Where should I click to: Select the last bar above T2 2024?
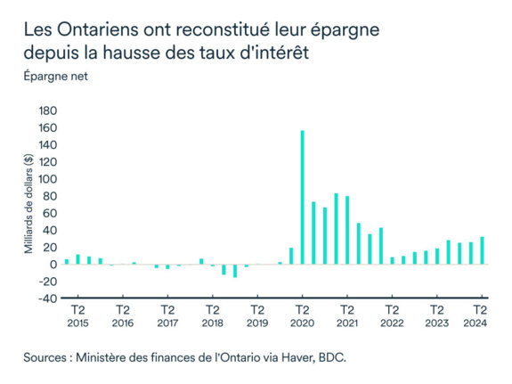click(482, 250)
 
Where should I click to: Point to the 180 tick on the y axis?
click(46, 111)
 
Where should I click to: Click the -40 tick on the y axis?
click(45, 298)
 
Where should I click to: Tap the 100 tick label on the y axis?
click(46, 179)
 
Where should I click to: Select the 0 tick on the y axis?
click(53, 265)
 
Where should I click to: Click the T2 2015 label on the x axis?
click(77, 316)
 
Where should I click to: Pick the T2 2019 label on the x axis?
click(256, 316)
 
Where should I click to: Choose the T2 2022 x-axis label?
click(392, 316)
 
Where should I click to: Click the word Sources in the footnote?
click(50, 356)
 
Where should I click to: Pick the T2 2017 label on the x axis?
click(167, 316)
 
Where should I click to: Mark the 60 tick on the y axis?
click(49, 214)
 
